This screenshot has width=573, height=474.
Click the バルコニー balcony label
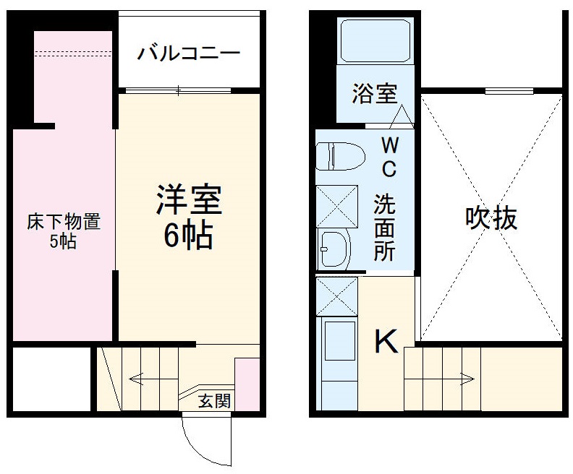click(x=189, y=54)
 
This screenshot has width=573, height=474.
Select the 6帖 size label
click(x=187, y=235)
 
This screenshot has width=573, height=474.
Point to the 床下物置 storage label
click(x=63, y=222)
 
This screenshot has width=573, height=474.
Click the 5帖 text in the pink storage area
click(x=63, y=242)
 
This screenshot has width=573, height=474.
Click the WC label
click(x=389, y=157)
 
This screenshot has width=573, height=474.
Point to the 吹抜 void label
click(x=491, y=217)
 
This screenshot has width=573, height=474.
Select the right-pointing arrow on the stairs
click(x=462, y=376)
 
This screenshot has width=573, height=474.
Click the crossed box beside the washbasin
click(x=337, y=205)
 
